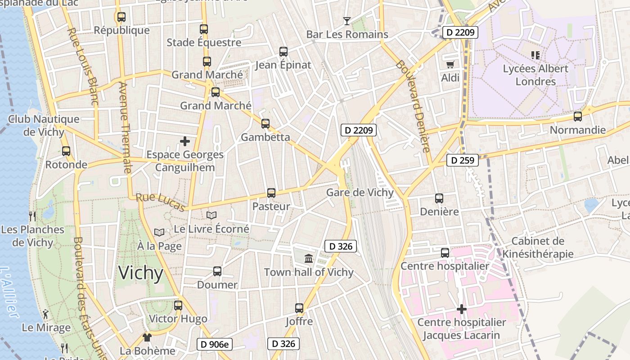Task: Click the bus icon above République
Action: click(121, 17)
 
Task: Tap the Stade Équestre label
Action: click(204, 42)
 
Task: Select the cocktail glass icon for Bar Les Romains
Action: click(346, 21)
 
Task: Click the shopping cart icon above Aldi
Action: click(450, 65)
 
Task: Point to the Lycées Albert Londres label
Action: click(535, 75)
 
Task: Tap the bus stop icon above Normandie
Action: click(577, 117)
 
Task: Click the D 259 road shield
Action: click(463, 160)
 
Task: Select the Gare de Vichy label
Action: click(360, 193)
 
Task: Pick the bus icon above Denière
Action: click(439, 198)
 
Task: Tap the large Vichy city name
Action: click(140, 273)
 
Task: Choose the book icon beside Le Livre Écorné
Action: click(211, 216)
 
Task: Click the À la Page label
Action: click(159, 246)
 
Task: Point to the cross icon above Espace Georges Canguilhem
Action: click(185, 141)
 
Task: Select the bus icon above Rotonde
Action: click(66, 151)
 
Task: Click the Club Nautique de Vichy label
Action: click(44, 125)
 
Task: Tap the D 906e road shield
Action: click(215, 345)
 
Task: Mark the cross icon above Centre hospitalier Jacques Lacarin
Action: click(461, 309)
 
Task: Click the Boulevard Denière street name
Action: click(413, 106)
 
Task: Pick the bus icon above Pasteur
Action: click(271, 193)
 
